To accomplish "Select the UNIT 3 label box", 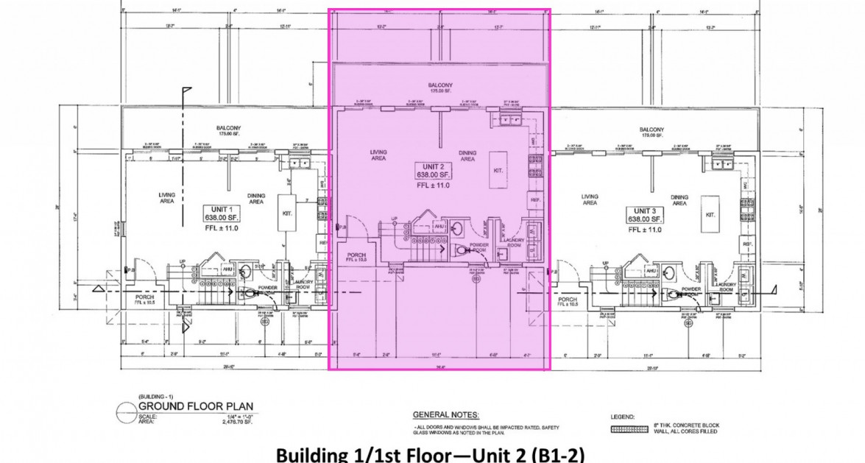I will pyautogui.click(x=646, y=215).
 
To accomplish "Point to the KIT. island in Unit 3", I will pyautogui.click(x=710, y=206).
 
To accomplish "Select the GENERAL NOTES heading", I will pyautogui.click(x=446, y=415).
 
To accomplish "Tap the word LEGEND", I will pyautogui.click(x=623, y=417).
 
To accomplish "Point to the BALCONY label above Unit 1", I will pyautogui.click(x=228, y=130).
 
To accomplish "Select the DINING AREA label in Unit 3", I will pyautogui.click(x=679, y=200).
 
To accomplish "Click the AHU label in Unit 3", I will pyautogui.click(x=651, y=272).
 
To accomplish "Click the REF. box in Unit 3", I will pyautogui.click(x=746, y=244).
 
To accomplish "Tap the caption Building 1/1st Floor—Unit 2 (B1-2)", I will pyautogui.click(x=431, y=454).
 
